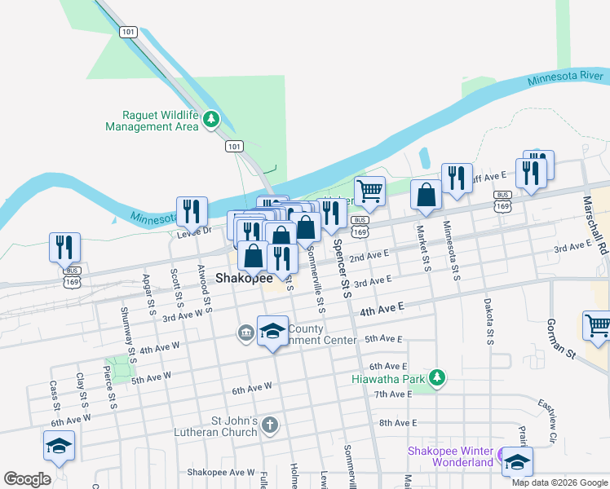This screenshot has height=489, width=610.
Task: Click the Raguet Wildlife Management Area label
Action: pos(152,121)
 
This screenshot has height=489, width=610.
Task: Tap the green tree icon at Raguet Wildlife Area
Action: pos(212,121)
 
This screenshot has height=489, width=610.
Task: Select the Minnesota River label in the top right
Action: pos(564,78)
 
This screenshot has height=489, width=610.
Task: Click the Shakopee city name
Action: pos(244,278)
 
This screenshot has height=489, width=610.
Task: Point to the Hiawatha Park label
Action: pos(389,379)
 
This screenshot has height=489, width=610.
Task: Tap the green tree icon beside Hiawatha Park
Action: pos(438,377)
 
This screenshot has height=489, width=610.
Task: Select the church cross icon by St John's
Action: pos(271,425)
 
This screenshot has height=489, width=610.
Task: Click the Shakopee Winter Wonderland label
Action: pos(450,456)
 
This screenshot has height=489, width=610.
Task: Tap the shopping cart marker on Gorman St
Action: pos(598,325)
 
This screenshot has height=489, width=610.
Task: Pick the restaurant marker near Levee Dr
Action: pos(192,211)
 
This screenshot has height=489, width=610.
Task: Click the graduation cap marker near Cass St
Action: pos(60,446)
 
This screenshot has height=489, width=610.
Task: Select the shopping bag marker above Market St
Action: pos(426,195)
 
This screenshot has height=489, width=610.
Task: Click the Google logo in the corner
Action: pos(27,479)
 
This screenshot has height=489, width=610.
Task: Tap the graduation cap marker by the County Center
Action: pos(272,331)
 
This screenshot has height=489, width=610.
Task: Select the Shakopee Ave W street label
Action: pos(221,472)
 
